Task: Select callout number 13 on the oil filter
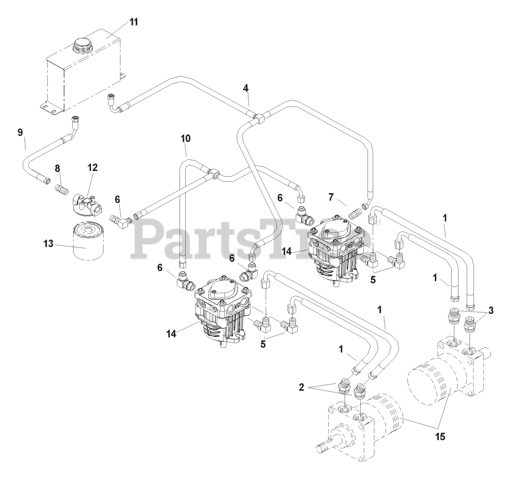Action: (x=48, y=244)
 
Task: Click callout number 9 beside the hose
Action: (x=20, y=133)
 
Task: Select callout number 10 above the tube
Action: (x=186, y=139)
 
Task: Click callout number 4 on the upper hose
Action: (x=246, y=87)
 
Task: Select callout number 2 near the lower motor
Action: (x=302, y=387)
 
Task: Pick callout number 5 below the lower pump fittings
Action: (x=263, y=344)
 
